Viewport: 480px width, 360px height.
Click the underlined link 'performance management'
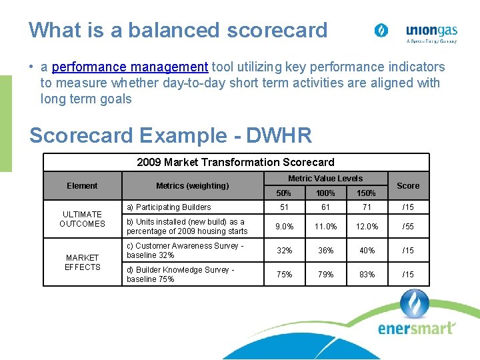tap(130, 67)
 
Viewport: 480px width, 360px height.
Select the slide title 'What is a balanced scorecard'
tap(178, 30)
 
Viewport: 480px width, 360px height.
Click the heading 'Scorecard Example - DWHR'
tap(171, 135)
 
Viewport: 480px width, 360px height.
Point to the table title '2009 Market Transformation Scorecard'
tap(235, 162)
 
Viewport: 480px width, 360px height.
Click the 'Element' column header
tap(82, 186)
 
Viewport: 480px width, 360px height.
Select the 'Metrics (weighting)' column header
tap(192, 186)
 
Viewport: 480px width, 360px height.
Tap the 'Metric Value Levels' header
tap(325, 179)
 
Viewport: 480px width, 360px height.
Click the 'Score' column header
tap(408, 186)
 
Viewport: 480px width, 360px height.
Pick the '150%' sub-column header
tap(367, 193)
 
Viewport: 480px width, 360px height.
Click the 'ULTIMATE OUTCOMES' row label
tap(82, 219)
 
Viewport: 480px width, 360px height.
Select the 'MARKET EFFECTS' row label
tap(82, 263)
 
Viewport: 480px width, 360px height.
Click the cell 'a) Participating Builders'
tap(169, 207)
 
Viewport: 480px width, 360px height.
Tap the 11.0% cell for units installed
tap(325, 227)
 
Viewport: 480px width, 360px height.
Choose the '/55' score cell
tap(408, 227)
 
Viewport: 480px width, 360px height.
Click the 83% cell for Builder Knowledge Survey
tap(367, 275)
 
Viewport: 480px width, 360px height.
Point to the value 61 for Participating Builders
tap(325, 207)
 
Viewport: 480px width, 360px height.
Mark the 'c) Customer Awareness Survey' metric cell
tap(185, 251)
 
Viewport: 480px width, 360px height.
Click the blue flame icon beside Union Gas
tap(381, 31)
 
